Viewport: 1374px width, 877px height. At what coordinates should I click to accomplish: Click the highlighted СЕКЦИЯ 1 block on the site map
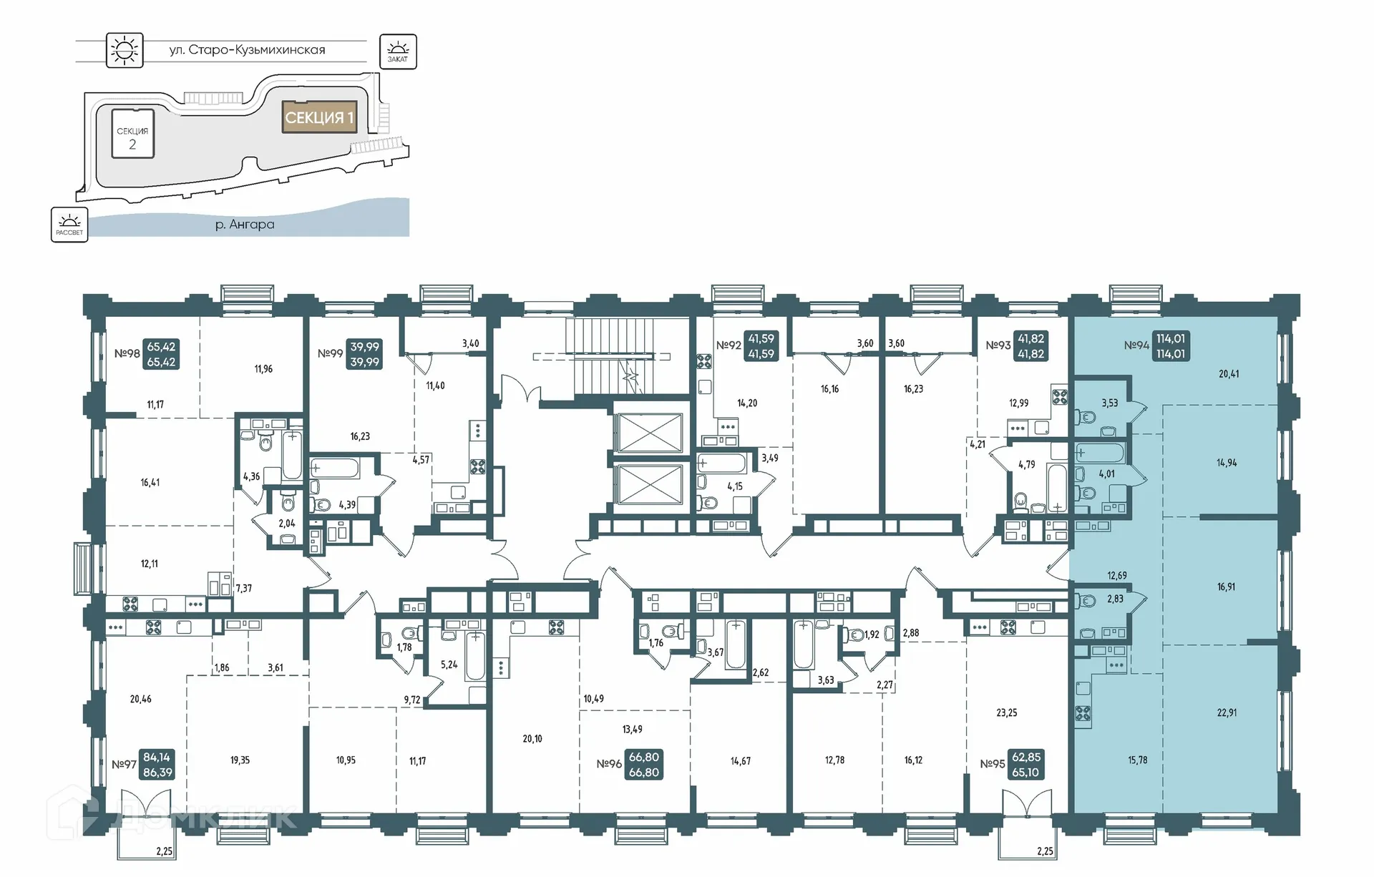click(x=319, y=117)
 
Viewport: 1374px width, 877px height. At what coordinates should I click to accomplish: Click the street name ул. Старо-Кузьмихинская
click(x=247, y=50)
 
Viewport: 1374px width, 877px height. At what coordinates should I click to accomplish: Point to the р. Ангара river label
click(x=245, y=225)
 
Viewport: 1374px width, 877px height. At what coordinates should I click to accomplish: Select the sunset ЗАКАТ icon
click(x=397, y=52)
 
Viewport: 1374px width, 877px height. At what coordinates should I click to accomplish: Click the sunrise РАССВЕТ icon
click(x=69, y=225)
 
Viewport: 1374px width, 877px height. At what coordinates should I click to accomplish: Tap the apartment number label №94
click(x=1136, y=346)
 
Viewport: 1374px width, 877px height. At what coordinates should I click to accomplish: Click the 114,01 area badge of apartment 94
click(x=1171, y=346)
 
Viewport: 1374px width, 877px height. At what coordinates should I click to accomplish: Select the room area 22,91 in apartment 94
click(x=1227, y=712)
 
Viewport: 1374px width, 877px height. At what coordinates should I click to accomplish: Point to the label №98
click(x=127, y=353)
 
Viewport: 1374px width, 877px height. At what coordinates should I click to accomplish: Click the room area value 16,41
click(x=150, y=483)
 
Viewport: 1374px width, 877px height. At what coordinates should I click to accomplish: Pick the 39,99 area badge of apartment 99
click(x=364, y=354)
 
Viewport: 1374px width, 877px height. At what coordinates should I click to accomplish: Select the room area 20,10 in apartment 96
click(x=532, y=739)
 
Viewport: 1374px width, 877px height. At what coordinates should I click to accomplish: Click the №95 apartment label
click(x=992, y=764)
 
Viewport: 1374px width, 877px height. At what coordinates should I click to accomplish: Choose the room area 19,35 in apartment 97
click(x=240, y=760)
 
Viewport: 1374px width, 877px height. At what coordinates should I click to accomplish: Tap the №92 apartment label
click(x=729, y=346)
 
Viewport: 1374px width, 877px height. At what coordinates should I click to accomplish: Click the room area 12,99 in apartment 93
click(x=1018, y=403)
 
